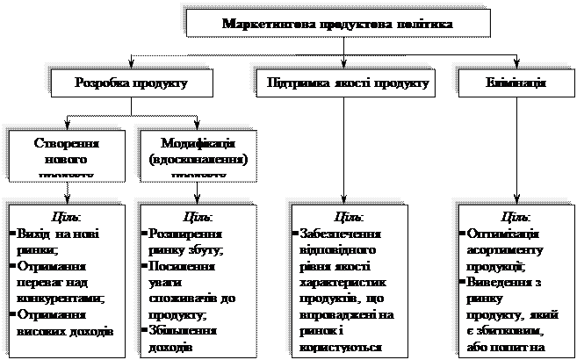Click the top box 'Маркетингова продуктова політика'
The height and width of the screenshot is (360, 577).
coord(338,22)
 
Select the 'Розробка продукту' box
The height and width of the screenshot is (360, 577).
coord(133,83)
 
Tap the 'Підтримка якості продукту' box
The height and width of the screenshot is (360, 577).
coord(346,83)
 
